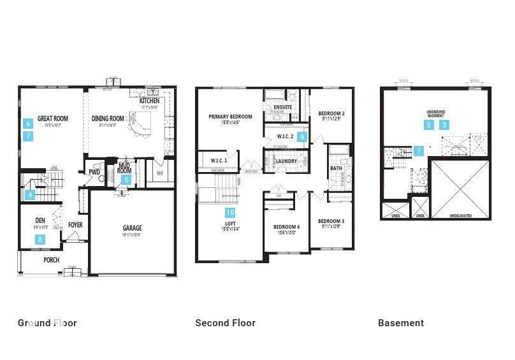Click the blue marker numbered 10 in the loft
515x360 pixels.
230,212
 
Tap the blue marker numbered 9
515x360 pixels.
303,137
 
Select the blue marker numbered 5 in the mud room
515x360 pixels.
126,180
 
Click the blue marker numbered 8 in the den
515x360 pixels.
41,240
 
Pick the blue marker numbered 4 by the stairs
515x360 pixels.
29,196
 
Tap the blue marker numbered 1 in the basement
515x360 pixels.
419,151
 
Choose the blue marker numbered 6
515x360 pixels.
28,123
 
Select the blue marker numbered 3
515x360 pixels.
444,125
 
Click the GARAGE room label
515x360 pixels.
133,228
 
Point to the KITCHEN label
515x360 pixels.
149,101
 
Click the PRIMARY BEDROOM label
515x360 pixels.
230,117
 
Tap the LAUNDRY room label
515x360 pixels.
286,161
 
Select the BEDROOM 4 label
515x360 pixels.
286,227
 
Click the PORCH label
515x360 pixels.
51,260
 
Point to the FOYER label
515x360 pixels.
75,225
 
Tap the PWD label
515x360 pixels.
94,172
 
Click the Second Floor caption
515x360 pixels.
225,323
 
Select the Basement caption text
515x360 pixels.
400,323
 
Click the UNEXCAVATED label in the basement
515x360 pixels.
460,216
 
